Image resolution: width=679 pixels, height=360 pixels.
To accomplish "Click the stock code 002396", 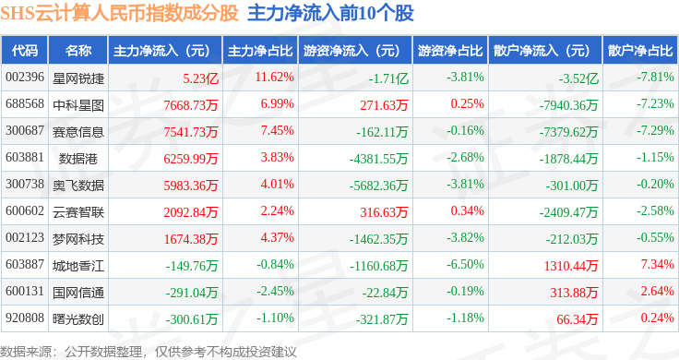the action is tap(25, 78).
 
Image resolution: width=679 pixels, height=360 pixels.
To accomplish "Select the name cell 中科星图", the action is tap(78, 105).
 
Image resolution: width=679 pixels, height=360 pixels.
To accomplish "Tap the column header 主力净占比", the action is tap(260, 51).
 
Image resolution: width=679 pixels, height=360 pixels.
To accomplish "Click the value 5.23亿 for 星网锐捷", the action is tap(200, 78).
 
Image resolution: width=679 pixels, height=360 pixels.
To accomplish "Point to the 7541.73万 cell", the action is tap(191, 132).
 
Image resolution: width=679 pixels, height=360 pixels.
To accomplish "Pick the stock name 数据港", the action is tap(78, 159).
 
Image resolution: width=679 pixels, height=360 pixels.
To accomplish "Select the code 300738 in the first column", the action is tap(25, 184).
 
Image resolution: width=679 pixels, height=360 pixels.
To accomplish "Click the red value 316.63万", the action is tap(384, 211).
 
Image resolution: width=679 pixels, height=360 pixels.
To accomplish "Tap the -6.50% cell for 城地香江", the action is tap(466, 264).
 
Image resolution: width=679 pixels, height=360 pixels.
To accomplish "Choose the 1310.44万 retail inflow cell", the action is tap(571, 266).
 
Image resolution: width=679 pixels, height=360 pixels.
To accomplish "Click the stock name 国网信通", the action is tap(78, 293).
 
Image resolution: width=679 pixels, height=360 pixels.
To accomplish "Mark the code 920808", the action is tap(25, 318).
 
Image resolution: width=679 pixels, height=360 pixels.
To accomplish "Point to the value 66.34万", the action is tap(578, 319).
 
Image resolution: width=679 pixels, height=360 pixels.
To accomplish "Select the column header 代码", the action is tap(25, 51).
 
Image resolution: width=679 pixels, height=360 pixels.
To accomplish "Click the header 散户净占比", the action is tap(640, 51).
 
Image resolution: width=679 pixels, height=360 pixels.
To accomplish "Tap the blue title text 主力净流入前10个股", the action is tap(330, 13).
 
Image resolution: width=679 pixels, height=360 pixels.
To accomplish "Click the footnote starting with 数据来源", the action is tap(149, 352).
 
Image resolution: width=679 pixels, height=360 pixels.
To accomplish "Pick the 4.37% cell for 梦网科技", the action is tap(277, 237).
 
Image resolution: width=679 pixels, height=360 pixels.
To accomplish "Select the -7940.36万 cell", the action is tap(568, 105).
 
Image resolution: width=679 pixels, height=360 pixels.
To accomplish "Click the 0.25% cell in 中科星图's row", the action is tap(467, 103).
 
